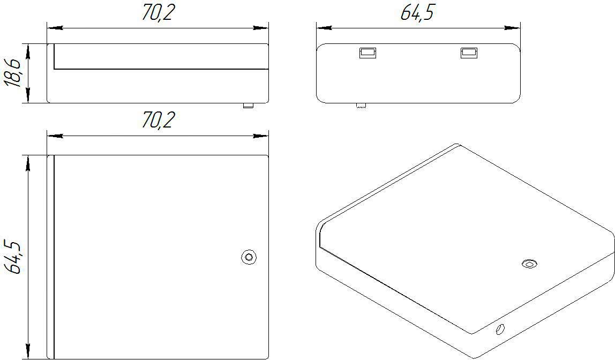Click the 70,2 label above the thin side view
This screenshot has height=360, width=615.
pos(157,13)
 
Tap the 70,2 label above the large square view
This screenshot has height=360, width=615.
pos(157,120)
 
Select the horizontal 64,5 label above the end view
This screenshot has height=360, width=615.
pos(418,13)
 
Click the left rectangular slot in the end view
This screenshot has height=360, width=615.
pos(367,52)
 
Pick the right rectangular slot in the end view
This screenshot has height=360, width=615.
pos(469,52)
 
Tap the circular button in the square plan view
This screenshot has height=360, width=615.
pos(249,257)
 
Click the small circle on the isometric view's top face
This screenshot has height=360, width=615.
pos(529,264)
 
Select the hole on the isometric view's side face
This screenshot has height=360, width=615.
pos(500,329)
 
